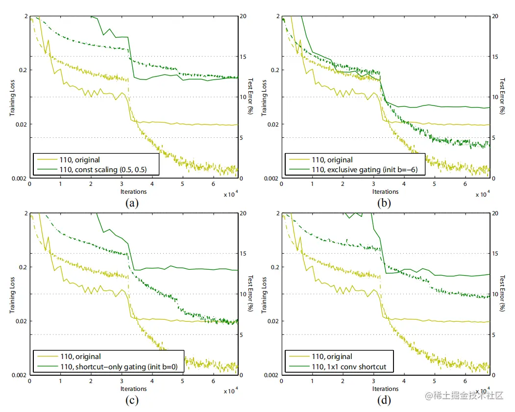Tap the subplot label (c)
[x=131, y=400]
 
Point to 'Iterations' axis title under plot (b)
[x=385, y=192]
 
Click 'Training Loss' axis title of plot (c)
[x=13, y=294]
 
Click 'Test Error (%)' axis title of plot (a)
[x=250, y=97]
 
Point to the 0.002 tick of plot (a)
[x=19, y=179]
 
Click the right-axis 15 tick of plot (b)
[x=495, y=57]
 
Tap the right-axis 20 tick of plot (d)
[x=495, y=214]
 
